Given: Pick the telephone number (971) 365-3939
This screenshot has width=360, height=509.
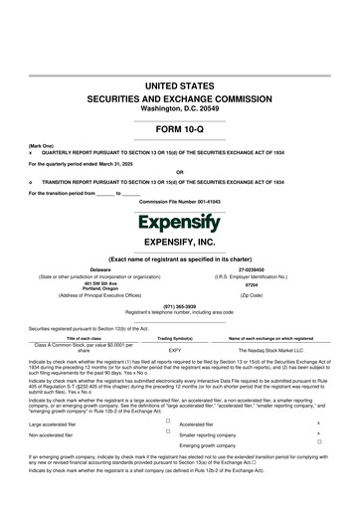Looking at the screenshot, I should point(180,305).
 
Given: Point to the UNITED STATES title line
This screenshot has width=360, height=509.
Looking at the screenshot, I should point(180,88).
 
